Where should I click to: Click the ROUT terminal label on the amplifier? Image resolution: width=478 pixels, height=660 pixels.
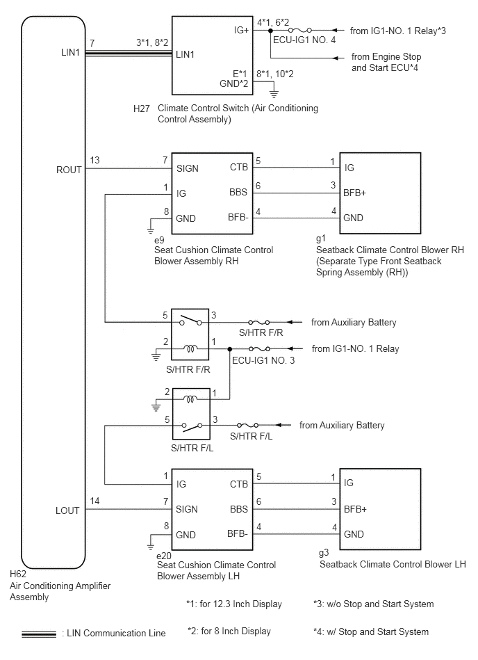point(69,170)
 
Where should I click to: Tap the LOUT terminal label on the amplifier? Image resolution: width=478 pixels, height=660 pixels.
point(67,510)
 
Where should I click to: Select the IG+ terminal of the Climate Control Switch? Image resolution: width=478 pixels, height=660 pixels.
point(241,31)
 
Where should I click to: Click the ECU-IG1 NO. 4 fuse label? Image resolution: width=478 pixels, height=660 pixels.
point(304,40)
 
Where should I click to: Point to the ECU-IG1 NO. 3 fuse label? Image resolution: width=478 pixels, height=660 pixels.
point(263,360)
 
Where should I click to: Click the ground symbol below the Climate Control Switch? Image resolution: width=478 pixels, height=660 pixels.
point(274,92)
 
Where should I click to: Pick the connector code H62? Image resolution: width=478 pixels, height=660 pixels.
point(18,574)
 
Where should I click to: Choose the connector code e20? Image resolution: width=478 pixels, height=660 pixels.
point(163,556)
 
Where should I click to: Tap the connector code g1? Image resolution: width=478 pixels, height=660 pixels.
point(321,239)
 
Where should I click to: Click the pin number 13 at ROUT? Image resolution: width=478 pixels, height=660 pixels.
point(94,161)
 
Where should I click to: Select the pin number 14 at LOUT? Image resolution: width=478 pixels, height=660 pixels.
point(94,501)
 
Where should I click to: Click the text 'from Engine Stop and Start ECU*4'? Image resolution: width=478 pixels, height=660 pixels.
point(386,63)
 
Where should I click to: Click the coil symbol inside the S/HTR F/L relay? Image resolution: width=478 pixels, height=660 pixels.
point(190,399)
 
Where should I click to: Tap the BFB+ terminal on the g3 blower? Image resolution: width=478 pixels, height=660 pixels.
point(355,509)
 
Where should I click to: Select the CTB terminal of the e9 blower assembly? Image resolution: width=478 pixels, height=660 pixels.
point(239,167)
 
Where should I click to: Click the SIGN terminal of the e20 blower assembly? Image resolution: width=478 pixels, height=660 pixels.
point(187,509)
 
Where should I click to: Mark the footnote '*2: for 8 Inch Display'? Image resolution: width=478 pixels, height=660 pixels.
point(229,631)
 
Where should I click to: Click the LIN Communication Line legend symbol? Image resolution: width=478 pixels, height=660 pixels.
point(39,634)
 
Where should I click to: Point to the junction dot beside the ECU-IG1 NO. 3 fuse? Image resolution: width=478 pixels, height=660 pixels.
point(229,349)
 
